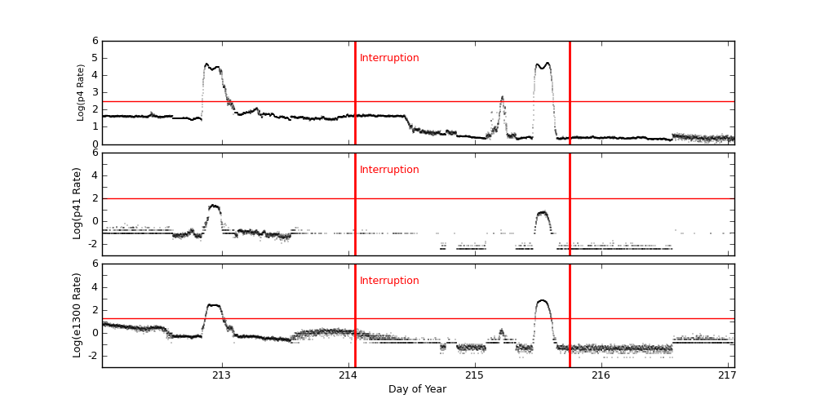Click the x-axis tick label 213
click(221, 375)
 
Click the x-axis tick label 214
click(348, 375)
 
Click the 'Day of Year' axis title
click(417, 389)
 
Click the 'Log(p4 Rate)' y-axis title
click(81, 92)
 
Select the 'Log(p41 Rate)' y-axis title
click(78, 203)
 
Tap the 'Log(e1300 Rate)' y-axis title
click(78, 315)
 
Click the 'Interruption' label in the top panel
click(389, 58)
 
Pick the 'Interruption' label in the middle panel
click(389, 170)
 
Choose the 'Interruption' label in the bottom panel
click(389, 281)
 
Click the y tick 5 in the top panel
click(95, 58)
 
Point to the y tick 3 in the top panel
click(95, 92)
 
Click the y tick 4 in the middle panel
click(95, 175)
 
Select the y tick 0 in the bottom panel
click(95, 333)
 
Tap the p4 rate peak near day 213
click(207, 64)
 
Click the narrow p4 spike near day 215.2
click(502, 97)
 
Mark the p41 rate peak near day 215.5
click(543, 212)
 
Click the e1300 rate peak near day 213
click(213, 305)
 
